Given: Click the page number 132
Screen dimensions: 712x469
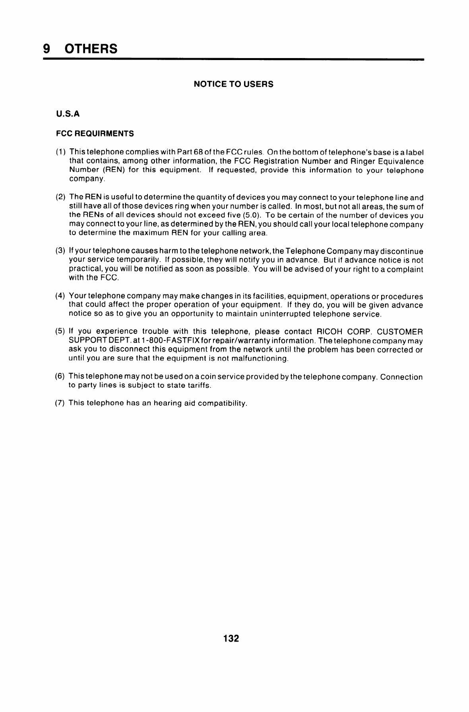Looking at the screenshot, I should (x=231, y=639).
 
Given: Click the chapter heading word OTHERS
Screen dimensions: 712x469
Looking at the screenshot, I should (x=91, y=49).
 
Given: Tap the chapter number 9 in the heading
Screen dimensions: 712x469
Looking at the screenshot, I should (x=47, y=49).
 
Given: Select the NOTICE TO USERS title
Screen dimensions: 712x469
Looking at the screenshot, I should (x=233, y=84).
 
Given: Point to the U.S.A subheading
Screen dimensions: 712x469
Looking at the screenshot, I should (x=68, y=114).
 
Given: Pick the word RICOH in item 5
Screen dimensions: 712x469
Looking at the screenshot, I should (x=328, y=332).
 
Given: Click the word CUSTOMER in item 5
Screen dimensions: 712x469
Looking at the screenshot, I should (x=400, y=332).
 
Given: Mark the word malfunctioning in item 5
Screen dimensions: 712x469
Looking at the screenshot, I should (x=259, y=359).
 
